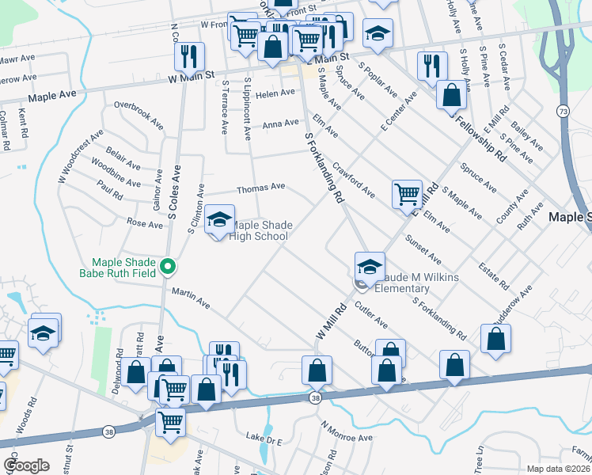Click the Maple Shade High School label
click(258, 230)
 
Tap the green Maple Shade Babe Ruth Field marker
click(167, 268)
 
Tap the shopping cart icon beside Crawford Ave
click(407, 192)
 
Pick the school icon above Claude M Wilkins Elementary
click(370, 266)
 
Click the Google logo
click(26, 465)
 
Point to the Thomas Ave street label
click(260, 187)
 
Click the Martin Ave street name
click(191, 297)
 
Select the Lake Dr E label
click(264, 438)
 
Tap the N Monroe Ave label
click(346, 431)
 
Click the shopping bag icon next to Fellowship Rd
click(450, 95)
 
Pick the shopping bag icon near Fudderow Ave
click(495, 337)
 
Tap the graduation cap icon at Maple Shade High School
click(219, 221)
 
